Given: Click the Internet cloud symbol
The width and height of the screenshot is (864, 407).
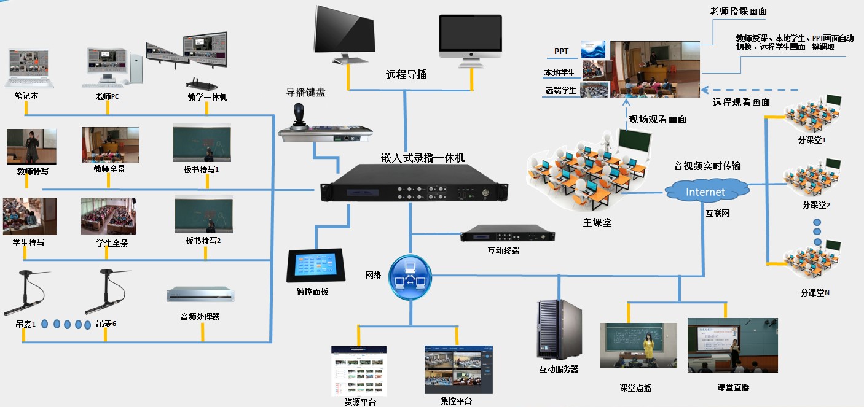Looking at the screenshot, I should [705, 191].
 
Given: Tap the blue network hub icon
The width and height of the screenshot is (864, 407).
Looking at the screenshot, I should [410, 277].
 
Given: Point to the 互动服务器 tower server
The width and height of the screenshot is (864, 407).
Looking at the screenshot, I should [559, 328].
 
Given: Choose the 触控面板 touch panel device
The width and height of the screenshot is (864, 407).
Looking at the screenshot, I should [315, 265].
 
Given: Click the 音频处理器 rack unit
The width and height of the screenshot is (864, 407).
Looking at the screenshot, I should [201, 295].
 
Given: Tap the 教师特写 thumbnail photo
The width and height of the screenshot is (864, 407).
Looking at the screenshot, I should [31, 146].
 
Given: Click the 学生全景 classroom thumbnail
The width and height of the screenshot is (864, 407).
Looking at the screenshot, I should [109, 217].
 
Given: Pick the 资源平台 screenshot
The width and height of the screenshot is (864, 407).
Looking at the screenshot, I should [359, 370].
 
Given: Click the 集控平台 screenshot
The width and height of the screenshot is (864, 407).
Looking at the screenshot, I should [458, 369].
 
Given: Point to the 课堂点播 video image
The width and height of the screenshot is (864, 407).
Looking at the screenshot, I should [638, 345].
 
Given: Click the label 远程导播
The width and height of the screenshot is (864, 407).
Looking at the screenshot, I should [406, 75].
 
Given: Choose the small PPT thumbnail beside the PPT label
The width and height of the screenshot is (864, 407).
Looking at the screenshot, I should [593, 50].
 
